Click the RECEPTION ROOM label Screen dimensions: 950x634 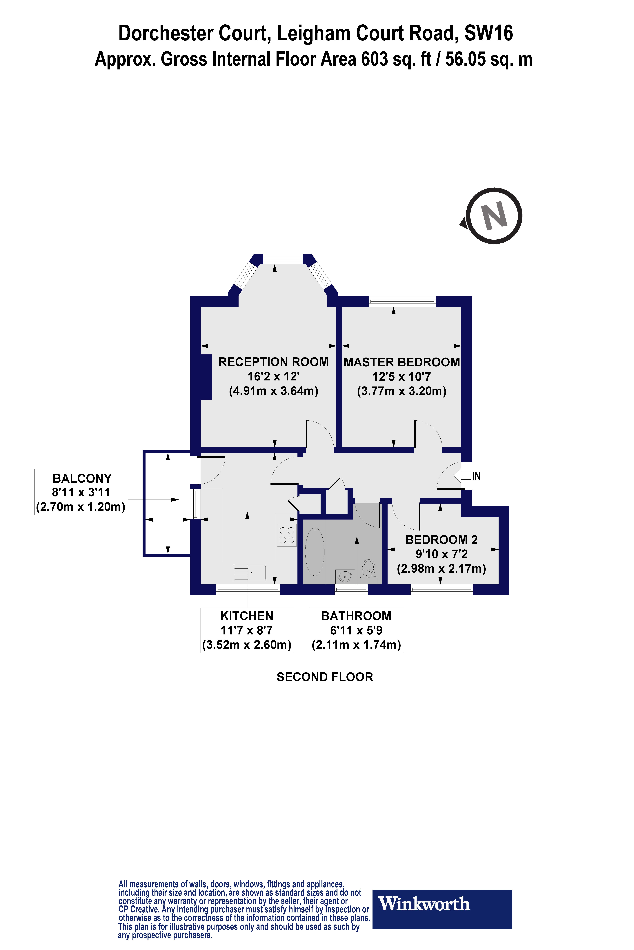(x=273, y=362)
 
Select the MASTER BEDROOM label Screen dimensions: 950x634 (x=402, y=362)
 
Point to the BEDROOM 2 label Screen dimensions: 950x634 (x=441, y=540)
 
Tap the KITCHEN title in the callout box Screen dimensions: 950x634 (x=247, y=616)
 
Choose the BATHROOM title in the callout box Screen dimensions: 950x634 (x=356, y=616)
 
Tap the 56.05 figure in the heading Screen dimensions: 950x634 (x=465, y=59)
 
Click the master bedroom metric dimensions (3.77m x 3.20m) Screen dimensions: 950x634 (x=402, y=391)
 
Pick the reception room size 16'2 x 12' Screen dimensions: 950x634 (x=273, y=376)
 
